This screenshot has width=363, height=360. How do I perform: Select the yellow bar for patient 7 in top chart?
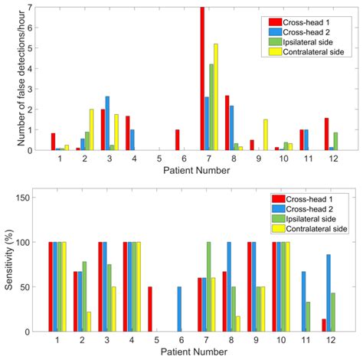pos(216,97)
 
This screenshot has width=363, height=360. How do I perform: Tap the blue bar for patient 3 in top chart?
pos(107,123)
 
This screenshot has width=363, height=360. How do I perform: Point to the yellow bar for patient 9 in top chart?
pos(265,135)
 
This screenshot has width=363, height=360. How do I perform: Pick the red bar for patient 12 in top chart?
pos(325,134)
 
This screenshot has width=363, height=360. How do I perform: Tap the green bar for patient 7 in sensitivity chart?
pos(208,286)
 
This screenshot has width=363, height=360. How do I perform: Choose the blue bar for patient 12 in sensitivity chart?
pos(329,293)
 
